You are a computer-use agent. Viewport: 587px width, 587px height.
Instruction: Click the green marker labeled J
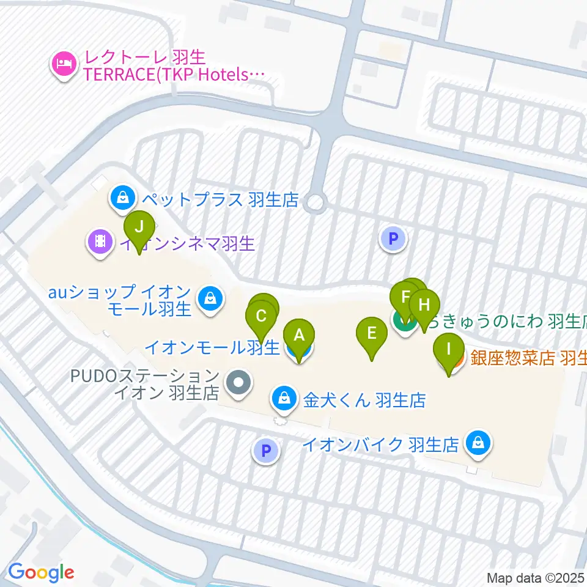coord(139,228)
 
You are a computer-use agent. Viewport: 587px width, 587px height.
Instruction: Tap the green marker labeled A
coord(298,336)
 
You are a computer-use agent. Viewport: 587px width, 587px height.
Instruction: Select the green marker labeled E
coord(371,334)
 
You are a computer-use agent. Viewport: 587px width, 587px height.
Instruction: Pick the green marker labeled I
coord(449,350)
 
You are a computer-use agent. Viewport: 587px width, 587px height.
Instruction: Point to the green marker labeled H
coord(424,305)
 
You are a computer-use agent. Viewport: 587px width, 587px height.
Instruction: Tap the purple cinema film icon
coord(100,243)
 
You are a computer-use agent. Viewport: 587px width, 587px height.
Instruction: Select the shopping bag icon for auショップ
coord(210,300)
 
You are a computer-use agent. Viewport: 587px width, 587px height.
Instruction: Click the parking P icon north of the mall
coord(393,238)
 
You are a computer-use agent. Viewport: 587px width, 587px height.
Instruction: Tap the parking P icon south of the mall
coord(265,451)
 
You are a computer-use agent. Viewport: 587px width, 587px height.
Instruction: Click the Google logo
coord(40,572)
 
